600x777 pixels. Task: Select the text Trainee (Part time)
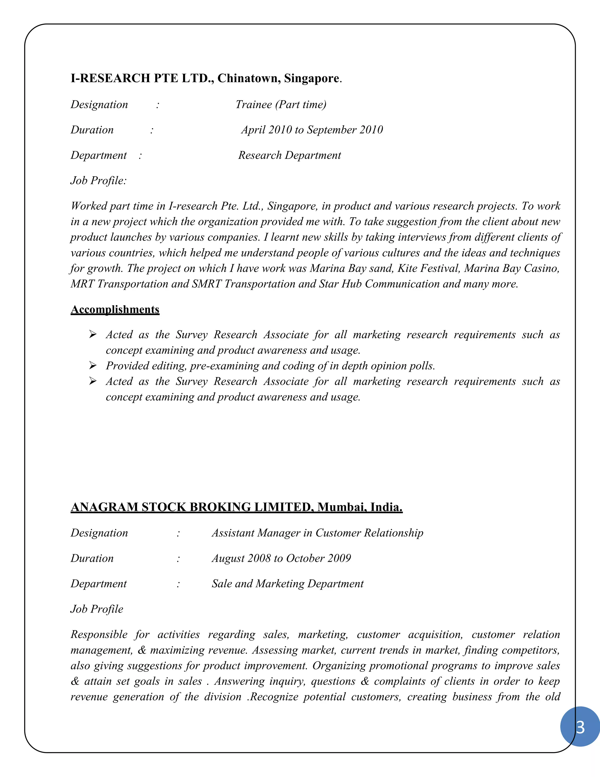281,105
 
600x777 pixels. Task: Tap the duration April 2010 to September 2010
312,130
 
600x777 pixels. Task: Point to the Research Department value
289,155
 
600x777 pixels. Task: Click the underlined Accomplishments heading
115,310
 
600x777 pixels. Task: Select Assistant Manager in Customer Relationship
317,533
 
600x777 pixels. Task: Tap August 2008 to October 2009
281,558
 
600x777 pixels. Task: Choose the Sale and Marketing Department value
288,584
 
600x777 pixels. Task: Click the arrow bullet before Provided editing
93,366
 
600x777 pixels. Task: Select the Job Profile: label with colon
98,181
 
